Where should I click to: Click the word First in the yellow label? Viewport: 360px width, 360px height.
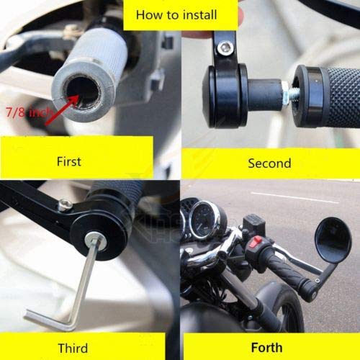pos(69,161)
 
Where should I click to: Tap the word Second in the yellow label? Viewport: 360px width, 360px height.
pos(269,163)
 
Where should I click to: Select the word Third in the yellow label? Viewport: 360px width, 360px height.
pos(73,348)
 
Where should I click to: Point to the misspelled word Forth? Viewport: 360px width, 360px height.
pos(266,348)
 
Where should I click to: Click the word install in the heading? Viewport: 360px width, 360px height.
pos(199,14)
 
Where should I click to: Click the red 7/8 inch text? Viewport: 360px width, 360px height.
pos(28,112)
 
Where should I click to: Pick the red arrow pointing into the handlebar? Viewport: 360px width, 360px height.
pos(62,110)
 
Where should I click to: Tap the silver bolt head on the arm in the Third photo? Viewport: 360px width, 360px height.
pos(66,204)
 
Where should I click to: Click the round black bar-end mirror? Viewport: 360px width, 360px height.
pos(333,240)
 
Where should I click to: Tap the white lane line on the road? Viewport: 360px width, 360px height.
pos(294,197)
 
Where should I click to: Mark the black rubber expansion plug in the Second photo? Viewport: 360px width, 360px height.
pos(265,96)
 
